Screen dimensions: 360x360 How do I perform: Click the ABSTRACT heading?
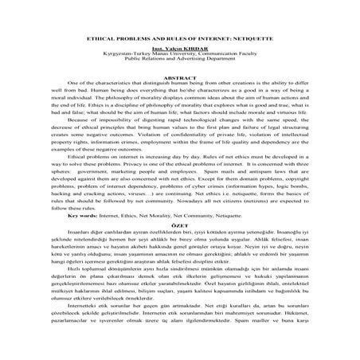[x=180, y=78]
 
